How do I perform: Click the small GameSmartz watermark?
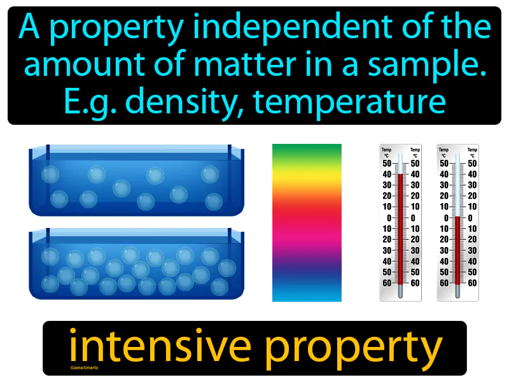point(80,368)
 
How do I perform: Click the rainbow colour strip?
point(307,222)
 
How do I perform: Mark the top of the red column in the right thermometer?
point(457,218)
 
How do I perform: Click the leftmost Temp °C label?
point(386,153)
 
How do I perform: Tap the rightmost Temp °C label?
point(472,153)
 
